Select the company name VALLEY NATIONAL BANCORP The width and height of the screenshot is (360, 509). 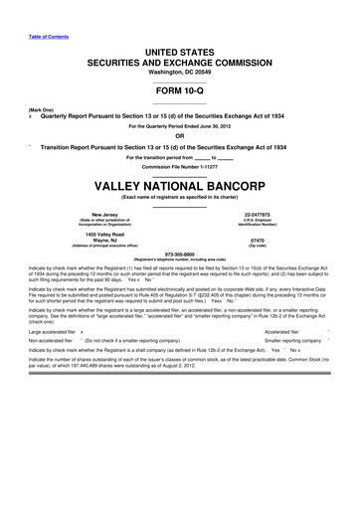pos(179,186)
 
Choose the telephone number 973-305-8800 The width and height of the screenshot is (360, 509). pos(179,253)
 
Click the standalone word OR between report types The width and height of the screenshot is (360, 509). pos(179,136)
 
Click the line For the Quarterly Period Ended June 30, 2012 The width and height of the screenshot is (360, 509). pos(179,126)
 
